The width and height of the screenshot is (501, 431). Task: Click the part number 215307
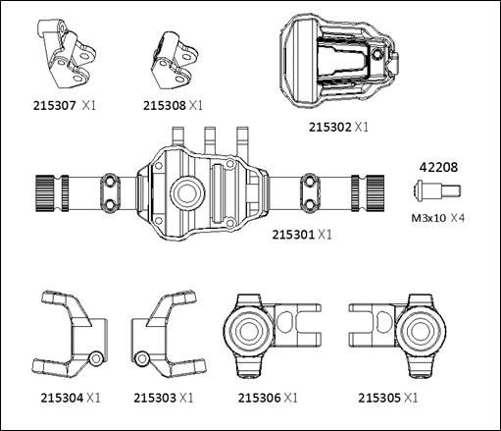click(x=54, y=106)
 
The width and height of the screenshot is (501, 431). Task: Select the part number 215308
click(x=165, y=106)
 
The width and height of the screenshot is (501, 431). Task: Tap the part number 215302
click(x=330, y=127)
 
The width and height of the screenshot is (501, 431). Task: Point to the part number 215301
click(x=293, y=235)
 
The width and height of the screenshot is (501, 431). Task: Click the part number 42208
click(x=438, y=167)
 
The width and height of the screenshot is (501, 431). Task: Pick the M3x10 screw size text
click(x=428, y=218)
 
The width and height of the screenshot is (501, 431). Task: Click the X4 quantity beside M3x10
click(x=458, y=218)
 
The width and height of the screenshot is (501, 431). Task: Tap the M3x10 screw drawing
click(x=437, y=190)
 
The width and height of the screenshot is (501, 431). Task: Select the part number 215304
click(x=62, y=398)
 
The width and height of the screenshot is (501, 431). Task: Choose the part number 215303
click(x=155, y=398)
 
